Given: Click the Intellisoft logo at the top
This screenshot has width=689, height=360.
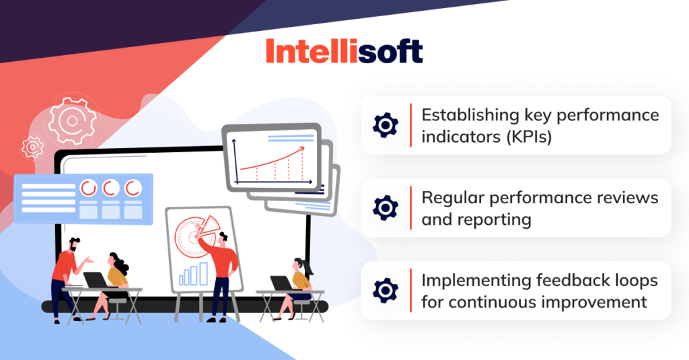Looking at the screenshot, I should [x=344, y=51].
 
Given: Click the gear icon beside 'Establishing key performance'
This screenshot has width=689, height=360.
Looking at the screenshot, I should [x=386, y=125].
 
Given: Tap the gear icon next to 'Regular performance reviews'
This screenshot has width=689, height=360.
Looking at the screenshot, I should [x=386, y=207].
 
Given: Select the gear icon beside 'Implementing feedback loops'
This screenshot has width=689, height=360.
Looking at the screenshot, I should [x=386, y=290].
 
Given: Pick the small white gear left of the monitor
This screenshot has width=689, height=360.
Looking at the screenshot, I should [x=32, y=146].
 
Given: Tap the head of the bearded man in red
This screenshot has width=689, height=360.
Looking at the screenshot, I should [x=74, y=244].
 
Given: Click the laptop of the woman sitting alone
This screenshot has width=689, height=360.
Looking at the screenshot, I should [x=281, y=283].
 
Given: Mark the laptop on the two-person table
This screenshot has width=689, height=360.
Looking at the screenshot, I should [x=94, y=279].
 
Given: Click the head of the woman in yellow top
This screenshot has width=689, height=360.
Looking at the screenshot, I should [x=115, y=260].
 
